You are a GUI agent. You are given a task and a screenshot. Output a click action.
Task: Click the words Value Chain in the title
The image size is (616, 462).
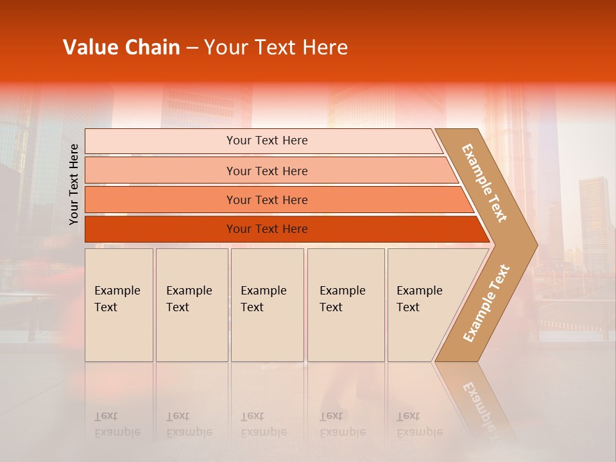coord(121,47)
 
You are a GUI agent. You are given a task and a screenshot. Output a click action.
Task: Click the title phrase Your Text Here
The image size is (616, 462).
coord(276,47)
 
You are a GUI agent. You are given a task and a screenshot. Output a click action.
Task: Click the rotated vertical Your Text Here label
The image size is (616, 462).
coord(74,184)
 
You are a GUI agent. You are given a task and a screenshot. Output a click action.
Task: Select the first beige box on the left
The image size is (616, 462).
coord(119,305)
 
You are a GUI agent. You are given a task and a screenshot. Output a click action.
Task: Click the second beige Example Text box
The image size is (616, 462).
coord(192,305)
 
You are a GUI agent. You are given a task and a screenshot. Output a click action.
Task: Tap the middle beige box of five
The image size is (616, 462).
coord(267,305)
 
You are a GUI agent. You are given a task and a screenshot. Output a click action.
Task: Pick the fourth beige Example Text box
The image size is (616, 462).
coord(346,305)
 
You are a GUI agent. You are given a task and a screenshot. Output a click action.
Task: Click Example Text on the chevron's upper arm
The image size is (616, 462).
coord(484,183)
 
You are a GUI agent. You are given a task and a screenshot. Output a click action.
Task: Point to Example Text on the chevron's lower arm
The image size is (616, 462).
coord(486,303)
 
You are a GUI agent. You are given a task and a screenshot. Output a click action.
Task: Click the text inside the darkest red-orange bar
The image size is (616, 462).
coord(267,229)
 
